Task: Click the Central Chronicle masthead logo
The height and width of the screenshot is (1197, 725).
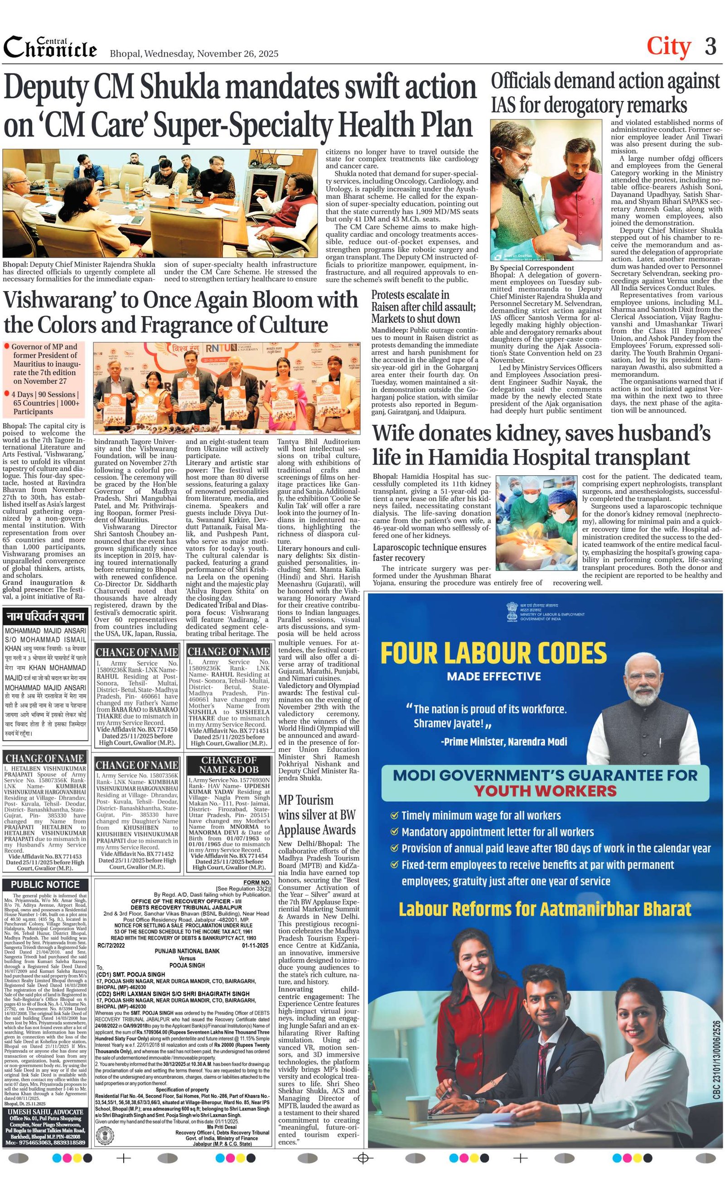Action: pyautogui.click(x=50, y=48)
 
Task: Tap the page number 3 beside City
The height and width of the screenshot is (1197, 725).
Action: pyautogui.click(x=710, y=47)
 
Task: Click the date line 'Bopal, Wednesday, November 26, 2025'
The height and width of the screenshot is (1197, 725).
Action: pyautogui.click(x=194, y=53)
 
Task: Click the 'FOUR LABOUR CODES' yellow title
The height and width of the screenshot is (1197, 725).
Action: pyautogui.click(x=493, y=653)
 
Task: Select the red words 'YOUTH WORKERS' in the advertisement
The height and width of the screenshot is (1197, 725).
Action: pyautogui.click(x=545, y=790)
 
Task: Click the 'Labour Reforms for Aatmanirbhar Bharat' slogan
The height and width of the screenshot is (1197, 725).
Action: pyautogui.click(x=545, y=909)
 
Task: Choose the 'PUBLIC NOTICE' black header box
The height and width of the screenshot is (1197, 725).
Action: pyautogui.click(x=45, y=884)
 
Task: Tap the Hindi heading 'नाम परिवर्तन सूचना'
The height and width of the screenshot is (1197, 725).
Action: pyautogui.click(x=45, y=616)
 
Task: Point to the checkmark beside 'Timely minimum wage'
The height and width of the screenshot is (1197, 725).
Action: pyautogui.click(x=394, y=815)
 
